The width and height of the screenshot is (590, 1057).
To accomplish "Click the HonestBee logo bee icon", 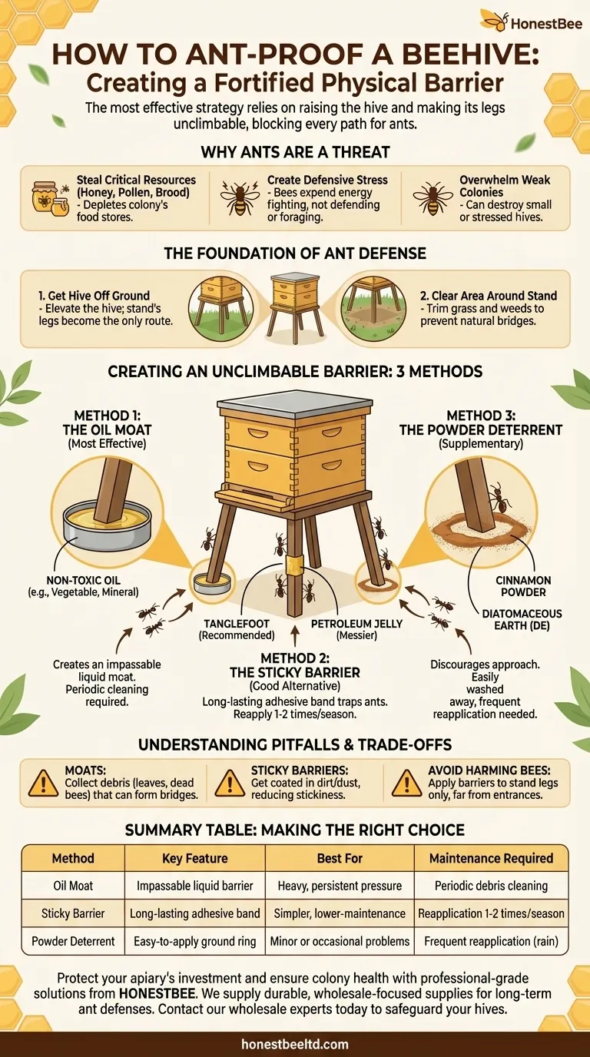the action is [x=494, y=20].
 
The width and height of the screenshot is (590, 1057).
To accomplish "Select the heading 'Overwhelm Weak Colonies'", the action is [x=505, y=186].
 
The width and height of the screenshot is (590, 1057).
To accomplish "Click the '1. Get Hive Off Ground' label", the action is [x=94, y=296].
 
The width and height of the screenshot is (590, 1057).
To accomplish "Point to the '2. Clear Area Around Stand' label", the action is [x=489, y=296].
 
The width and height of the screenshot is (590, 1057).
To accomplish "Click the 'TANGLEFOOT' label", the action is [x=237, y=624].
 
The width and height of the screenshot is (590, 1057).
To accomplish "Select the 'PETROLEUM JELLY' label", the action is [x=356, y=624].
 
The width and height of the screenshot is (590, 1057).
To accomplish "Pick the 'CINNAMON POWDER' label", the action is [x=523, y=586].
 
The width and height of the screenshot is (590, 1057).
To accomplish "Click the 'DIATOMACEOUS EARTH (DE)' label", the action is [x=522, y=620].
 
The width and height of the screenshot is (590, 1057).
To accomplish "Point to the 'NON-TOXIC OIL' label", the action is [x=83, y=581].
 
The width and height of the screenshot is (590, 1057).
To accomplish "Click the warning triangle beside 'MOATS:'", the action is [x=44, y=783].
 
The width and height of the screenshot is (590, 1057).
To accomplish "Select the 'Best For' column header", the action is [x=340, y=858].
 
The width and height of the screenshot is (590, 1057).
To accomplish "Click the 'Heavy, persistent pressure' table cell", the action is [x=340, y=886].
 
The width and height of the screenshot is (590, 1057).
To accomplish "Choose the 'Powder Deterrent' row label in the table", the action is [x=73, y=942].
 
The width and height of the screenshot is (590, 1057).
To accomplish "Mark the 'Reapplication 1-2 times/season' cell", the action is [x=492, y=913].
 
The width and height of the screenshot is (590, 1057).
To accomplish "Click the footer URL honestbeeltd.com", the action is [x=295, y=1044].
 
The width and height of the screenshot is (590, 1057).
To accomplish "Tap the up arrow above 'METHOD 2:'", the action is [x=295, y=636].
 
